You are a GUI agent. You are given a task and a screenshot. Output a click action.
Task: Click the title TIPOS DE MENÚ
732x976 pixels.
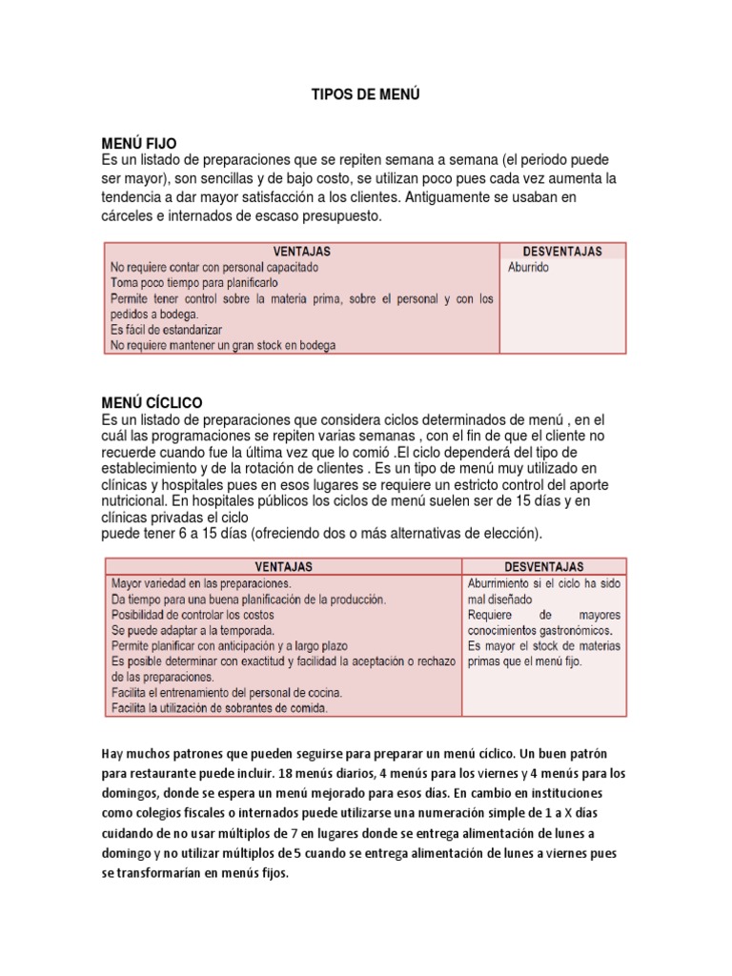[366, 95]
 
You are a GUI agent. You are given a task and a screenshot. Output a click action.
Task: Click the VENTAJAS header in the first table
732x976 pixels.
[301, 251]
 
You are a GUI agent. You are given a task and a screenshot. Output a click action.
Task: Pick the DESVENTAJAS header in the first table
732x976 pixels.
[563, 251]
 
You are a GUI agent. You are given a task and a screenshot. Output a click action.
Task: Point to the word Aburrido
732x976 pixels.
[529, 268]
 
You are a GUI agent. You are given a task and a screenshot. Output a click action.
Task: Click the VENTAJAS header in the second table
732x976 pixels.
[282, 566]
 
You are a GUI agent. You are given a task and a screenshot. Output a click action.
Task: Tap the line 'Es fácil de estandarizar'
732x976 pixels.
[168, 330]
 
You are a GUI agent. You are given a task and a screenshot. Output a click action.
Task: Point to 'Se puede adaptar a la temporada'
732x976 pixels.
[193, 631]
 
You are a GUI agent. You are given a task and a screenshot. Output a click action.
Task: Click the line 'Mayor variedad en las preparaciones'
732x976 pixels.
[202, 582]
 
